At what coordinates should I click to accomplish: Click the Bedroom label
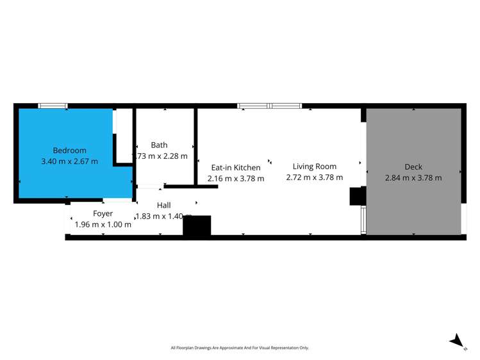point(69,151)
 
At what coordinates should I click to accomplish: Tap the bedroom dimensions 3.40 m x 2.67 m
point(69,161)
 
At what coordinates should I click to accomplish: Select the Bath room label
point(159,145)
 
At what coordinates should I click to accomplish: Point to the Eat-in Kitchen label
point(236,168)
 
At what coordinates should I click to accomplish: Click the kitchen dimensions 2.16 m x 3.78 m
point(236,179)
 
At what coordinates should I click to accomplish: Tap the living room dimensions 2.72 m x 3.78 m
point(314,177)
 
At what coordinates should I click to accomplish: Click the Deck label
point(413,167)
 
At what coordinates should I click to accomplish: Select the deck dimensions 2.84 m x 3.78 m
point(413,178)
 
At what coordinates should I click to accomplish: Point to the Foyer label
point(103,213)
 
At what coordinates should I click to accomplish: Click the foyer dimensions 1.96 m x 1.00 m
point(103,224)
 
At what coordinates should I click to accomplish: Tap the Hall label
point(164,205)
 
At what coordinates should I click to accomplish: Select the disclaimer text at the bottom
point(240,348)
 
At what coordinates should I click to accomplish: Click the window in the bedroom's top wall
point(53,106)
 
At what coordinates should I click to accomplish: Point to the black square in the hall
point(197,225)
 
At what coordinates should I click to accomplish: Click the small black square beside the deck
point(356,196)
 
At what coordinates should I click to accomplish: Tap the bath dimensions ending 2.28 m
point(161,156)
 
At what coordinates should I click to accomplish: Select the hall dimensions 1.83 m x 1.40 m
point(164,216)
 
